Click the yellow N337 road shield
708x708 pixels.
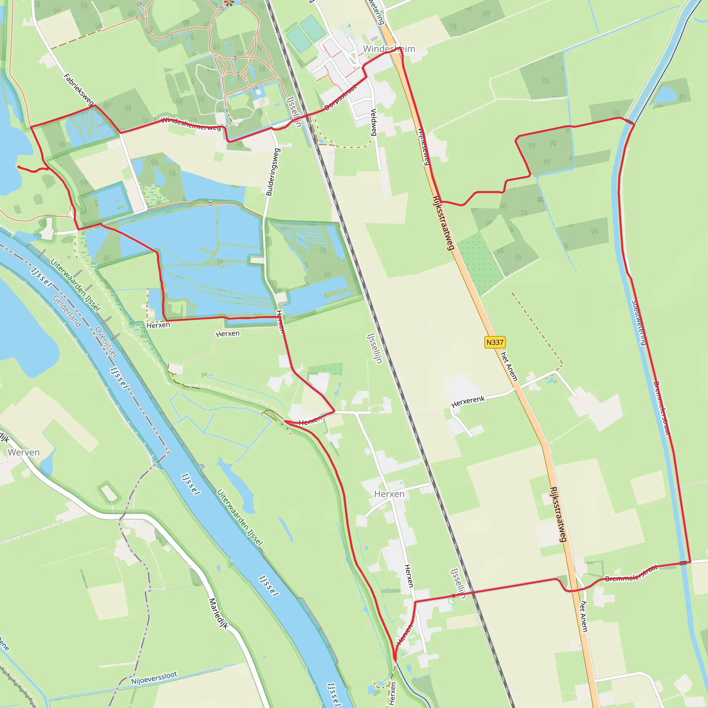(495, 342)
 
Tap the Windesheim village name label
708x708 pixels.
(389, 49)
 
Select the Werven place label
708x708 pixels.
(24, 452)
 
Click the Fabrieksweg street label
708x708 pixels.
(79, 90)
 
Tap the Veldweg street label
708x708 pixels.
(373, 122)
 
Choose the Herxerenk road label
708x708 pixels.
(468, 401)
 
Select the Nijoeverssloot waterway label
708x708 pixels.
(154, 678)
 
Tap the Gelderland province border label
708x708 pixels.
(67, 311)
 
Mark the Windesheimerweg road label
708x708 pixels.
(190, 123)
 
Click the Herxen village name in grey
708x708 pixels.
(389, 494)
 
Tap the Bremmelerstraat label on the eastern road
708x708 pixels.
(661, 408)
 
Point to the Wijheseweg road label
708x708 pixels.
(424, 146)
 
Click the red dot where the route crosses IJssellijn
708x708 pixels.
(454, 596)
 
